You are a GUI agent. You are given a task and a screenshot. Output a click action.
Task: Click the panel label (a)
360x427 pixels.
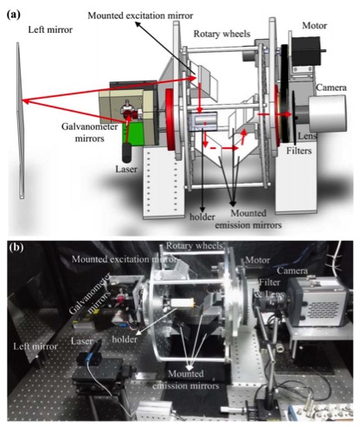click(x=14, y=15)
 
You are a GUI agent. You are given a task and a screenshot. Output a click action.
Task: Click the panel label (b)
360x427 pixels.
click(x=16, y=248)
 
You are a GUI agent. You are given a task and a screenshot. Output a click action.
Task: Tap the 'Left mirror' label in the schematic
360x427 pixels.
click(x=50, y=29)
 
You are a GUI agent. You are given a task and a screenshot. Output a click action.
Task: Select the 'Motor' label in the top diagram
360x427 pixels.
click(x=314, y=26)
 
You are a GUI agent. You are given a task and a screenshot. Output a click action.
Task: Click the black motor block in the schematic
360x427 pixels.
click(x=305, y=51)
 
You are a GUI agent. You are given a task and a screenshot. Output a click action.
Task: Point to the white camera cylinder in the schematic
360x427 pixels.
click(x=327, y=113)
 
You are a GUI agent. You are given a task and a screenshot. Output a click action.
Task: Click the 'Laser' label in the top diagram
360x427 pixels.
click(x=126, y=169)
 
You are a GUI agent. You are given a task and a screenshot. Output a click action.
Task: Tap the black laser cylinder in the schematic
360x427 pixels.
click(x=126, y=152)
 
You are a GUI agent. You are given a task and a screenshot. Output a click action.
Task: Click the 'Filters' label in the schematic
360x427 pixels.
click(x=299, y=151)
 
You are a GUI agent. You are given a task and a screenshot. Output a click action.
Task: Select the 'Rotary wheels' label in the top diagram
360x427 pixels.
click(x=222, y=34)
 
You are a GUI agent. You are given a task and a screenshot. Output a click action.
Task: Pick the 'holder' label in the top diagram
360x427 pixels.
click(x=202, y=217)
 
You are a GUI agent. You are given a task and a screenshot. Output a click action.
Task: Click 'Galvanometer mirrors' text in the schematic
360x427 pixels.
click(x=89, y=133)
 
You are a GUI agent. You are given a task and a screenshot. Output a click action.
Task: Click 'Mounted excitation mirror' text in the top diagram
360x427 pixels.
click(x=140, y=16)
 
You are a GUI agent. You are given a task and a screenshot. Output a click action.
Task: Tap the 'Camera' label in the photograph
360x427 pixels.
click(x=292, y=271)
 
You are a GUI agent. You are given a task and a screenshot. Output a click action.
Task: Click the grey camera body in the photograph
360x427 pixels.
click(x=318, y=301)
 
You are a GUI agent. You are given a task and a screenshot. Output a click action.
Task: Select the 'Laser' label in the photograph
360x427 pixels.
click(x=82, y=341)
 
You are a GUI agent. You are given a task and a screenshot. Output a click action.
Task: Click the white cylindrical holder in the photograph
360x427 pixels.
click(x=182, y=303)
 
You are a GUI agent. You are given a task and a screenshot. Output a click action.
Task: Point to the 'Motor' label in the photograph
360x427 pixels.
click(x=258, y=260)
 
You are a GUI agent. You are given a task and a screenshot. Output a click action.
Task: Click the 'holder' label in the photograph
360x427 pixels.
click(x=125, y=340)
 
